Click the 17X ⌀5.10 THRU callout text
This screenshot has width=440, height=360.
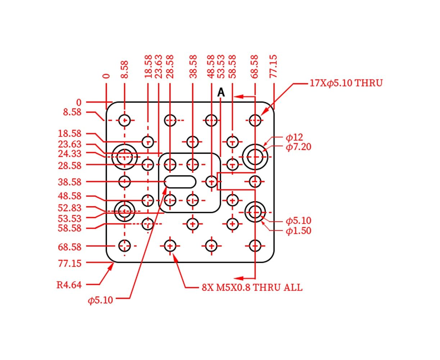point(346,83)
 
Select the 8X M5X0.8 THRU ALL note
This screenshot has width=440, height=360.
point(252,288)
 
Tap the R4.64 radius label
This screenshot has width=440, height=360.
point(69,285)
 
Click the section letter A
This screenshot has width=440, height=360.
point(221,92)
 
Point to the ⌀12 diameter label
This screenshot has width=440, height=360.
point(294,137)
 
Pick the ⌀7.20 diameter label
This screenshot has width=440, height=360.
point(298,147)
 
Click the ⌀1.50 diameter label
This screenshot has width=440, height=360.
point(298,231)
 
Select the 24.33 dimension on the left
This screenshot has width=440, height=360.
point(69,154)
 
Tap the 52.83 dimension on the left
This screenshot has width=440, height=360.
point(69,208)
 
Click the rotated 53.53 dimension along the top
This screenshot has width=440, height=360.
point(221,66)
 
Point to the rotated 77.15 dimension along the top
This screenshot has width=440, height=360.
point(273,66)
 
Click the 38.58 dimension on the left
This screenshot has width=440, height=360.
point(69,182)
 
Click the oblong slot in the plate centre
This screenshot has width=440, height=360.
point(180,182)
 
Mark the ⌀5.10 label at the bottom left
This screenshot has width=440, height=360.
point(100,300)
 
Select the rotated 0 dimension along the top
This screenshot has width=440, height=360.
point(106,76)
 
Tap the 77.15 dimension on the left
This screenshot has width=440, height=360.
point(69,264)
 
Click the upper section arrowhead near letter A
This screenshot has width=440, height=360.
point(239,96)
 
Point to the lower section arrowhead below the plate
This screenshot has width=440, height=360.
point(239,278)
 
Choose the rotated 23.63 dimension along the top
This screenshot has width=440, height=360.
point(159,66)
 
